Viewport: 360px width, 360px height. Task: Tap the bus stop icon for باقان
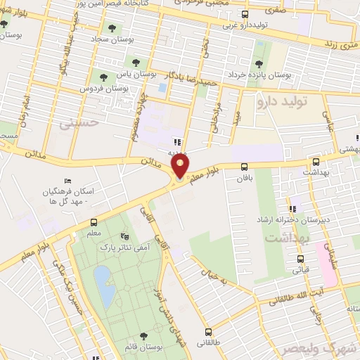point(245,167)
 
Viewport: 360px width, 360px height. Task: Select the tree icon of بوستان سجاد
point(111,29)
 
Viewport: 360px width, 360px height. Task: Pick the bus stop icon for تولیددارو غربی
point(244,15)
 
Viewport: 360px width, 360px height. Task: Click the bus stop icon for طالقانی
point(207,331)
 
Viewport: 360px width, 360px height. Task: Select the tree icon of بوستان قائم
point(143,336)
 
